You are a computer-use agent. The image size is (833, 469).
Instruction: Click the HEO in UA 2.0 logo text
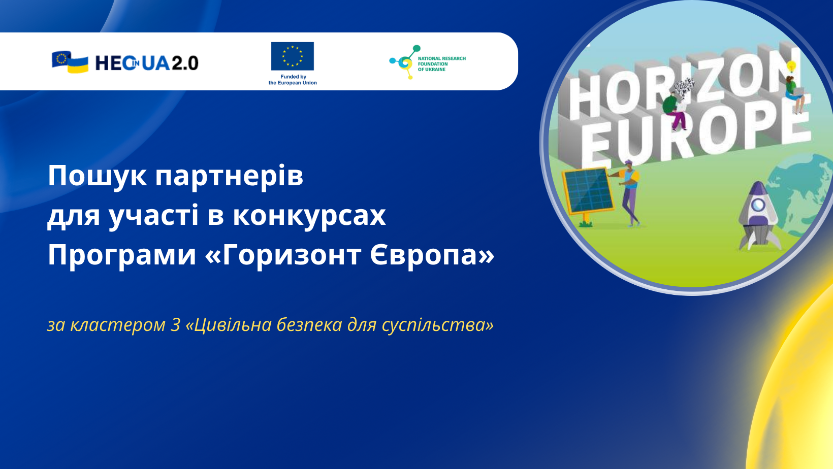click(x=147, y=63)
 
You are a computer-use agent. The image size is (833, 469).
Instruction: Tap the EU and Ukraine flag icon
click(x=70, y=62)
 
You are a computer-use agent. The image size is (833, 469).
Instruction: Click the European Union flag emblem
click(x=292, y=56)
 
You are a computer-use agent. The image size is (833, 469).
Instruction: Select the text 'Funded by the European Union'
click(x=293, y=80)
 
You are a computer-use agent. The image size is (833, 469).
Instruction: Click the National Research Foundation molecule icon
click(x=405, y=62)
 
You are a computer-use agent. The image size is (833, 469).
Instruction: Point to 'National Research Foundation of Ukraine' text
click(x=442, y=64)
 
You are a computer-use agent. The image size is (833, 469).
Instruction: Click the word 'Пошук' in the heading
click(x=98, y=176)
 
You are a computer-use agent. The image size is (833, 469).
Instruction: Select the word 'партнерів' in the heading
click(x=229, y=177)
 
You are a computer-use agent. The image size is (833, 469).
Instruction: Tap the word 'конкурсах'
click(x=309, y=216)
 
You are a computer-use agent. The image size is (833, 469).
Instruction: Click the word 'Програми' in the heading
click(x=121, y=256)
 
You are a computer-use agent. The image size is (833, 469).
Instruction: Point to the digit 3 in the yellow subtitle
click(x=176, y=325)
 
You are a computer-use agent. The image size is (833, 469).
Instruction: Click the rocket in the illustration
click(x=759, y=216)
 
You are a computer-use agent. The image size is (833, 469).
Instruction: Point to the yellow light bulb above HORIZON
click(x=791, y=67)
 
